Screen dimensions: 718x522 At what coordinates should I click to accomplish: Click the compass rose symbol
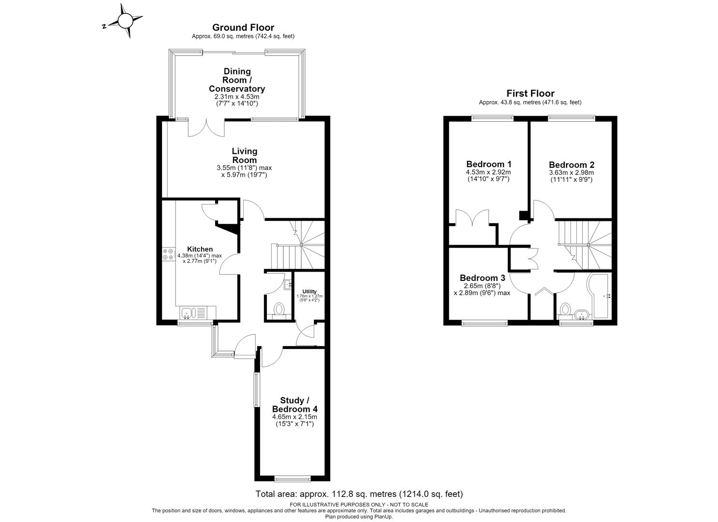point(125,21)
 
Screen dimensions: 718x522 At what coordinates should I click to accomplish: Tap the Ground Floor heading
point(243,28)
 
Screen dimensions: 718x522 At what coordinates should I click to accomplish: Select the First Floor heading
point(530,93)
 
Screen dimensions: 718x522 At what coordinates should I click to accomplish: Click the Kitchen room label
point(200,249)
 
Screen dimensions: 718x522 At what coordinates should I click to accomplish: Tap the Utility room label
point(309,291)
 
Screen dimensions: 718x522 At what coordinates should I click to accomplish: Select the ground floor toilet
point(279,310)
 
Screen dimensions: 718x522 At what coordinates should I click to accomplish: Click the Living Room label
point(245,156)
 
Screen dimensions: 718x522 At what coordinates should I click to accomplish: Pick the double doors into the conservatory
point(206,128)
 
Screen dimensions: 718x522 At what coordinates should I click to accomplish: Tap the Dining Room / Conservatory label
point(237,80)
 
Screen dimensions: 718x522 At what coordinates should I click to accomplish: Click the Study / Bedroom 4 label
point(295,405)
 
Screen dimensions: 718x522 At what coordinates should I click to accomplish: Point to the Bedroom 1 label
point(489,164)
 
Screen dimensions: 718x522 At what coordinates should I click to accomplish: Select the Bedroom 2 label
point(571,165)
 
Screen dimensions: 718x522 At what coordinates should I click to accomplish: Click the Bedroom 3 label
point(483,278)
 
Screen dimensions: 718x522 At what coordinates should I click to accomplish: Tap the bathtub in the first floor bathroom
point(599,295)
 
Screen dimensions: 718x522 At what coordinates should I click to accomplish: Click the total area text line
point(359,494)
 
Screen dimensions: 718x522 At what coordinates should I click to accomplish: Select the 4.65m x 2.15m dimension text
point(294,417)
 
